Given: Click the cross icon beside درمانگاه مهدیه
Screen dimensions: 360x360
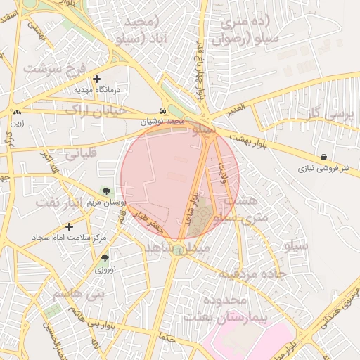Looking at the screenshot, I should click(x=97, y=79).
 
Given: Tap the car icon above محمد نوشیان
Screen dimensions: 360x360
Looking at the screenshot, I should click(x=163, y=111).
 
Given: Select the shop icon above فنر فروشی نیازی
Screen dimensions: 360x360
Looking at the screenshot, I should click(x=323, y=157).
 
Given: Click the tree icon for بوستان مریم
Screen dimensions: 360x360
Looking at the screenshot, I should click(x=105, y=191).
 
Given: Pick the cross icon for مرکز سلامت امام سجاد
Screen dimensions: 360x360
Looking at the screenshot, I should click(x=69, y=226).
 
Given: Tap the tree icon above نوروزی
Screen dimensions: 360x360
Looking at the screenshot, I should click(x=105, y=259).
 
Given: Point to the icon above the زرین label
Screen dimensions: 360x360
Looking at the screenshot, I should click(x=17, y=112).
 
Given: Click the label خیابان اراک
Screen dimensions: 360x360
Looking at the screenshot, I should click(x=97, y=110).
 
